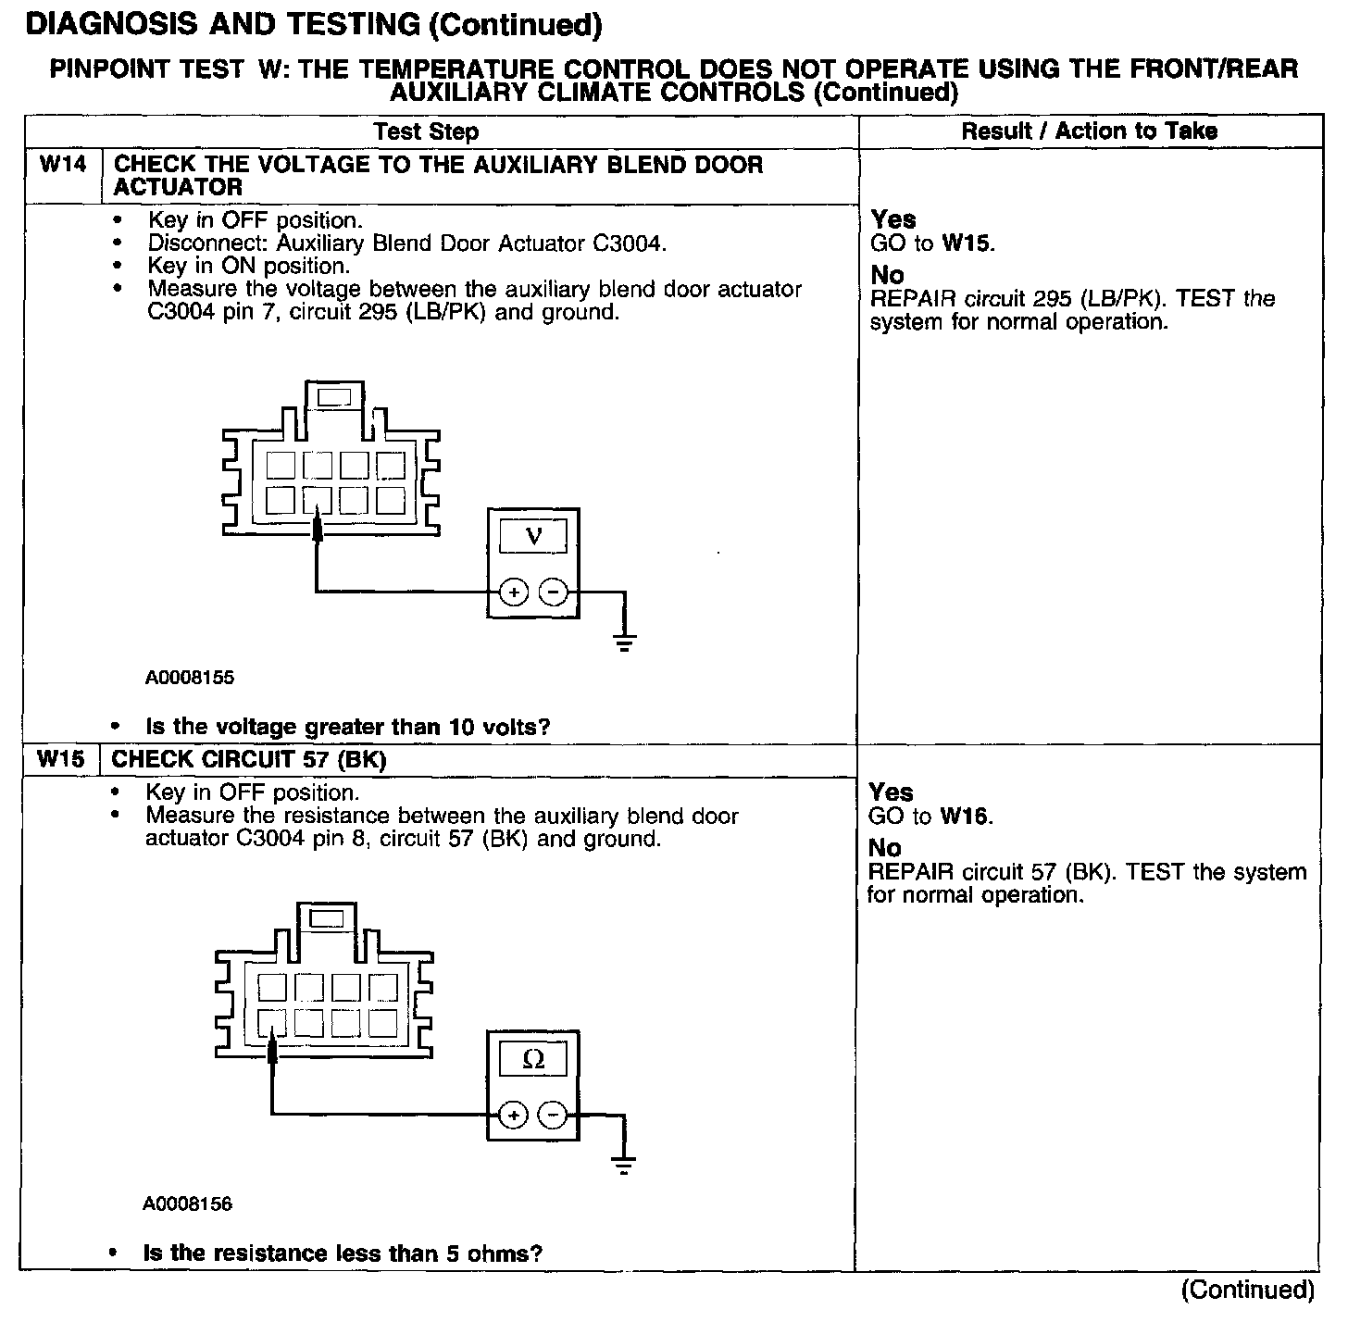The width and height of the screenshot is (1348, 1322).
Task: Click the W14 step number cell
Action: point(63,166)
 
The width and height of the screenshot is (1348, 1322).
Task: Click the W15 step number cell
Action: point(61,760)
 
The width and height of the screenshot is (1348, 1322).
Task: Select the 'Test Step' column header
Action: point(426,132)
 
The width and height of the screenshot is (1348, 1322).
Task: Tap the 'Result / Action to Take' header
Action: point(1089,131)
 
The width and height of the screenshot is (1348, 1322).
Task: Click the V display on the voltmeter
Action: point(533,536)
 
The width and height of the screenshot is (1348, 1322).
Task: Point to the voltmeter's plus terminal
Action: point(514,592)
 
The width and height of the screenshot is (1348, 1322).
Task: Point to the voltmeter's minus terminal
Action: point(553,592)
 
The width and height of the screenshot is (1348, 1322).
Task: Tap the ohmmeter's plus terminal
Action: point(514,1116)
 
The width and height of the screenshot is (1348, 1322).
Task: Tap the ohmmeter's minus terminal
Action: point(553,1116)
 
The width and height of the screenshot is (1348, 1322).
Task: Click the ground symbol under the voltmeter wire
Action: point(625,641)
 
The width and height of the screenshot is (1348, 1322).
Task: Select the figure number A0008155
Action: point(190,678)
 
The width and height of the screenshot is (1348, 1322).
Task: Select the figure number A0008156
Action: point(188,1204)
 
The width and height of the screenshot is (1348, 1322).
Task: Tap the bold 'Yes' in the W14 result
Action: point(893,219)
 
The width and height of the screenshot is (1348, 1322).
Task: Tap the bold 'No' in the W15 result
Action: point(884,848)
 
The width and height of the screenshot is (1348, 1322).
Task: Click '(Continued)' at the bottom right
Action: point(1247,1290)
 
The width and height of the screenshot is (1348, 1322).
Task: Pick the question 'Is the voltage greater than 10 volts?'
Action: point(348,728)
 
